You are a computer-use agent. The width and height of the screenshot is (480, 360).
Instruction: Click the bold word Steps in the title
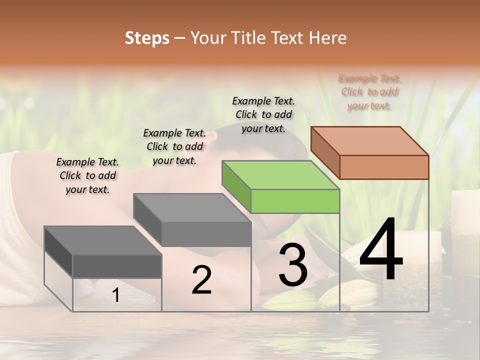(x=147, y=38)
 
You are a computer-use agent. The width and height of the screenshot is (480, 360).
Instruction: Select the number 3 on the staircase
(x=293, y=265)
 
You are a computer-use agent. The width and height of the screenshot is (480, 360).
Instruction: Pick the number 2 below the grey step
(x=201, y=280)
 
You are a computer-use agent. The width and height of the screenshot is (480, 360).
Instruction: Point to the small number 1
(x=116, y=295)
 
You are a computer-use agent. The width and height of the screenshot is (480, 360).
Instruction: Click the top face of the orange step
(x=370, y=140)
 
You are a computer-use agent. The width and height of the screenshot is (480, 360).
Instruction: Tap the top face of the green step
(x=281, y=175)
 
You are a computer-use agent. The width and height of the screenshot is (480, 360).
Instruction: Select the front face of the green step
(x=295, y=201)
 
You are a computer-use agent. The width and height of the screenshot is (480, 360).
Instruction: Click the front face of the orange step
(x=384, y=167)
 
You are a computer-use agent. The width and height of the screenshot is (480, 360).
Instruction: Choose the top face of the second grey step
(x=192, y=207)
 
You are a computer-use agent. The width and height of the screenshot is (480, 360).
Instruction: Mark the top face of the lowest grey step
(x=103, y=240)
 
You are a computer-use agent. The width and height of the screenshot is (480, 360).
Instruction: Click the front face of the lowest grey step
(x=117, y=266)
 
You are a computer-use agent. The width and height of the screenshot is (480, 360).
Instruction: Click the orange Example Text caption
(x=369, y=92)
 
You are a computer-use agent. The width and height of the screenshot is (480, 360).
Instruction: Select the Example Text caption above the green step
(x=263, y=114)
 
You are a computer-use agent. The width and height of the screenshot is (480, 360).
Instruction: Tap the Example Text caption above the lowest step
(x=87, y=175)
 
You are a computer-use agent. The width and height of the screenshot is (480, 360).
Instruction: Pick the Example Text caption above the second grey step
(x=174, y=146)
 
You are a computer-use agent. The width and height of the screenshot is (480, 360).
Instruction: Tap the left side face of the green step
(x=236, y=182)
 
